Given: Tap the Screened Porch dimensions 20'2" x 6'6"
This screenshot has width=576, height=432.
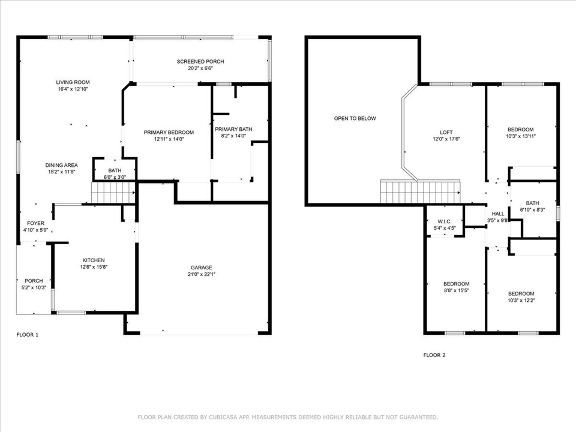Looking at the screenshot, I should pos(200,68).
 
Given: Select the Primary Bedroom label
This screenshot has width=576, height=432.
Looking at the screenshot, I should pos(169,132).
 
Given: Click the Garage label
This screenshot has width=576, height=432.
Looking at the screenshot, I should pos(202,268).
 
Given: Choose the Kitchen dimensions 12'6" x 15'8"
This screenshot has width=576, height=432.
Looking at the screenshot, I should pos(95,267).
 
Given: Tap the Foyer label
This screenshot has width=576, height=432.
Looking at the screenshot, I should pos(35,223).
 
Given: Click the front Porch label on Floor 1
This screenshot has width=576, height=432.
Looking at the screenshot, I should pos(33,280).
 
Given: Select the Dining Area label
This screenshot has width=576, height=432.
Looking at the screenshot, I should pos(62,165).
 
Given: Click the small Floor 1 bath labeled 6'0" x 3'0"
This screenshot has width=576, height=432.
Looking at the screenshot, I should pos(115,174).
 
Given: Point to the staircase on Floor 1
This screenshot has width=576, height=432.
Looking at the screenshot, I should pos(113,193).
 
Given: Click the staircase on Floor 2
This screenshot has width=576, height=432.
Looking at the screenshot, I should pos(420,192).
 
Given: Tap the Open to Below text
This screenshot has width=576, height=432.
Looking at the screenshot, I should pos(355,118).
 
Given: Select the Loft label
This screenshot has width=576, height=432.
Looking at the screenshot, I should pos(446,132).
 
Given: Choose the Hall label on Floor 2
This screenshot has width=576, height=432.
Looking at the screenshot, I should pos(498,214).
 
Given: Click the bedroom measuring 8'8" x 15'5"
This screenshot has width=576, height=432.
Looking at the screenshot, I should pos(456,287).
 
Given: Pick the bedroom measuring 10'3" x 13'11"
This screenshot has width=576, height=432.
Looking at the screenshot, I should pos(520,133).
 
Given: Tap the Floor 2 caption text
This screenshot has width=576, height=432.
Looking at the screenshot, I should pos(434,355).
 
